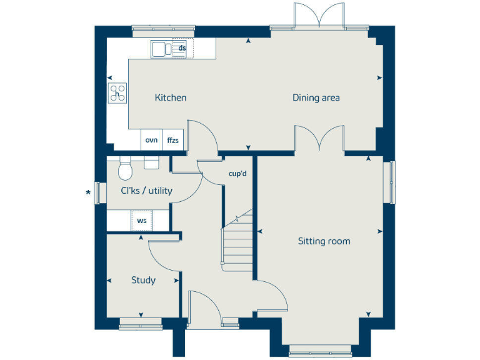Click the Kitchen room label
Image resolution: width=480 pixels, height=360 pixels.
click(171, 97)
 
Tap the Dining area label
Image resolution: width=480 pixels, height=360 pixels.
click(316, 97)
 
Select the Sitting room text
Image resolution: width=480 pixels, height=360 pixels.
click(324, 241)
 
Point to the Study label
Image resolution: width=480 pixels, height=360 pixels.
click(143, 280)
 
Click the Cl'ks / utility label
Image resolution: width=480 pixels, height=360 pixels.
click(146, 191)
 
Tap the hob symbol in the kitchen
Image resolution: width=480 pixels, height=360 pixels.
click(117, 92)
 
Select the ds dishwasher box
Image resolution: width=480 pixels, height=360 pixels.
click(182, 47)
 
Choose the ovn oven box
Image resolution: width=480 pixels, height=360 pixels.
click(151, 140)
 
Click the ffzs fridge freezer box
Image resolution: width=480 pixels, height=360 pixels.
click(172, 140)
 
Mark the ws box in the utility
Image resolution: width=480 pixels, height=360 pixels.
click(142, 221)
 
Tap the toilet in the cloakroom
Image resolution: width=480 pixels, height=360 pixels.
click(126, 167)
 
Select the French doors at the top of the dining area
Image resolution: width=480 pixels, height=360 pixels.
click(319, 16)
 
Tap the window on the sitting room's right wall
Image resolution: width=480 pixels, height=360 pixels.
click(392, 182)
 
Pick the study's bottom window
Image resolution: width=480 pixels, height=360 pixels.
click(140, 322)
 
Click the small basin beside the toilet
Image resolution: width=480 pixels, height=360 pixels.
click(151, 162)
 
